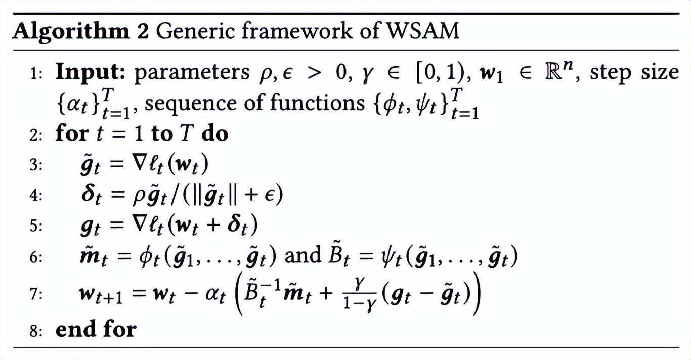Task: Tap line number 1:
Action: pyautogui.click(x=37, y=74)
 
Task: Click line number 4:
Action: pyautogui.click(x=37, y=196)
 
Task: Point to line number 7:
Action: pyautogui.click(x=37, y=295)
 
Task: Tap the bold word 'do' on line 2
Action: pyautogui.click(x=215, y=133)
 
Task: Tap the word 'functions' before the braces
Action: pyautogui.click(x=315, y=103)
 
